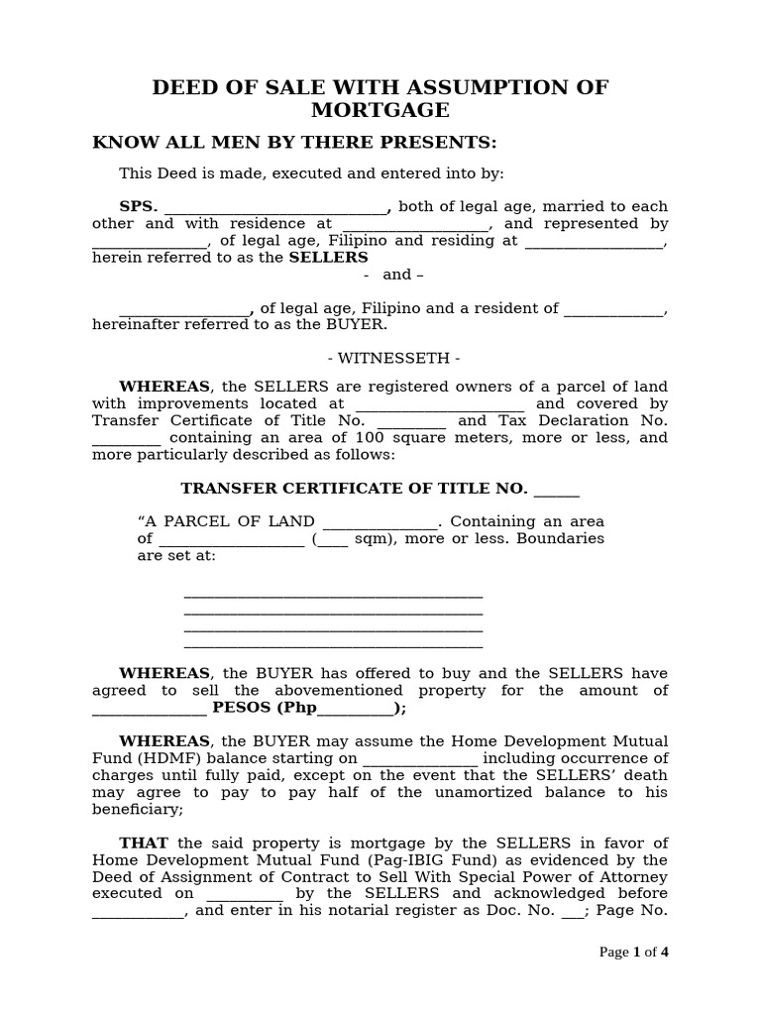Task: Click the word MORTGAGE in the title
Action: coord(380,110)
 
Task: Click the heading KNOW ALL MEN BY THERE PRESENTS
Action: coord(280,142)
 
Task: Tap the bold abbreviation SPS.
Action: coord(139,206)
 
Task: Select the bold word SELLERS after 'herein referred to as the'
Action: coord(328,258)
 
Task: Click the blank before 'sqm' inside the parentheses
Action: coord(333,540)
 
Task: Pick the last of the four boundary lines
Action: coord(333,646)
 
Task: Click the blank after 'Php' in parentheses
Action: coord(355,710)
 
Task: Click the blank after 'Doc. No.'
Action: coord(573,912)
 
